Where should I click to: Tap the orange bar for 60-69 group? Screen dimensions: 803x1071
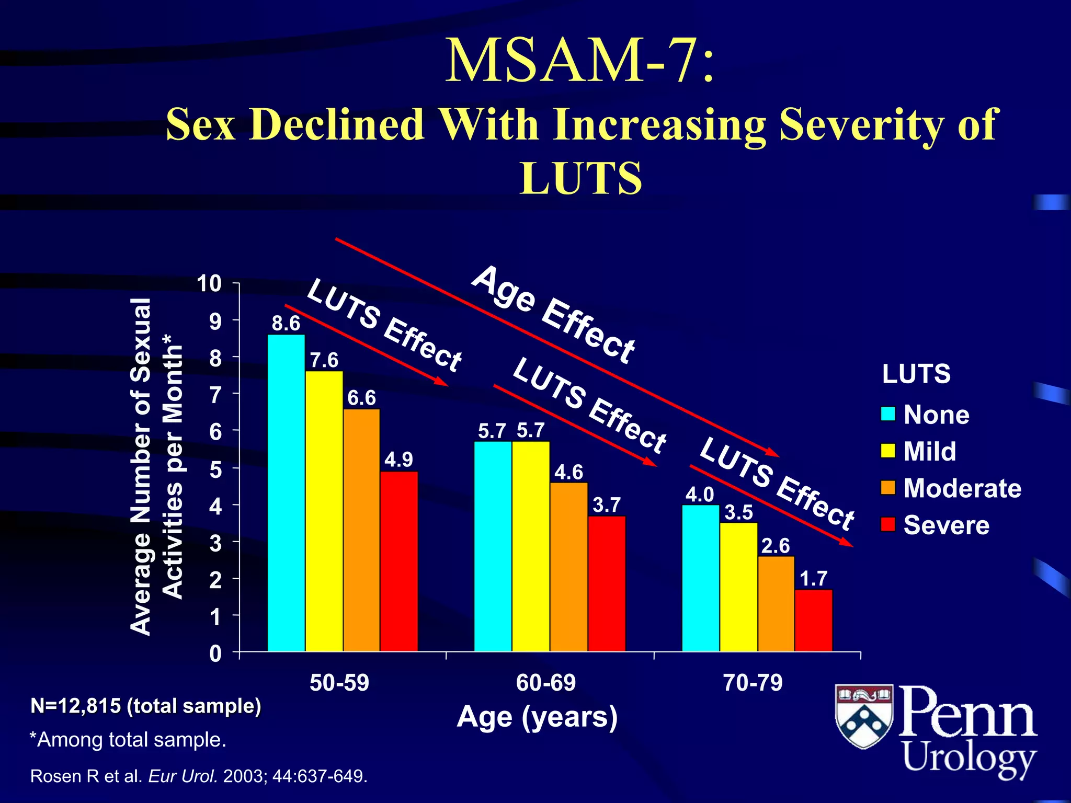(569, 567)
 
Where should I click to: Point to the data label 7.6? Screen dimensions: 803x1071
(324, 360)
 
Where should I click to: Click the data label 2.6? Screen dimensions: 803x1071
(776, 546)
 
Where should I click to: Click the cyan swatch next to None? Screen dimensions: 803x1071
(888, 414)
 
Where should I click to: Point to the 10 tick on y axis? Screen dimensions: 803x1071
(209, 284)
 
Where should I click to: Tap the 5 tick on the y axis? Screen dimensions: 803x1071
(215, 469)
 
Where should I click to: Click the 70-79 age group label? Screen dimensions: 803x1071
(753, 683)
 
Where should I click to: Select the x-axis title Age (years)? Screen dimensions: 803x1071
(537, 717)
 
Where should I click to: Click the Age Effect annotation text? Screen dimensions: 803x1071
(553, 315)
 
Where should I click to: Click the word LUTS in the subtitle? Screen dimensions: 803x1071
(580, 178)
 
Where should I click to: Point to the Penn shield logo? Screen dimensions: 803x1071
(864, 716)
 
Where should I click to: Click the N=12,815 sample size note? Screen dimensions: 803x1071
(145, 706)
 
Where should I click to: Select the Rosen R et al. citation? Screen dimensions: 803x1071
(199, 776)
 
